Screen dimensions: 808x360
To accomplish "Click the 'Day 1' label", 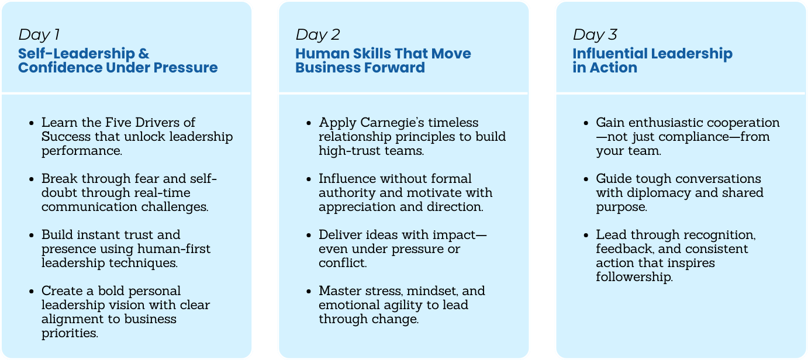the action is [x=39, y=34].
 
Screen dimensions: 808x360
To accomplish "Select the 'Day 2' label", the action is [x=317, y=34].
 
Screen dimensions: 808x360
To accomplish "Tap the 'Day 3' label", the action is [x=595, y=34].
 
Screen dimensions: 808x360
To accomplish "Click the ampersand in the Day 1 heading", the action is [x=144, y=54].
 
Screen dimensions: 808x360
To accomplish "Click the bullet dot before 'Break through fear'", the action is [x=32, y=179].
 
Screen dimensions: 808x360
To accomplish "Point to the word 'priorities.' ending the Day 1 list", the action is [x=70, y=333].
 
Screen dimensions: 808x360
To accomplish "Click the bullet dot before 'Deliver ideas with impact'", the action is [x=309, y=236].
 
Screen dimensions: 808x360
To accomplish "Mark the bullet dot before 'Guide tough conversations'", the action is [x=586, y=179].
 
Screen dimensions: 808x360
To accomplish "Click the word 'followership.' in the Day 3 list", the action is [x=634, y=277].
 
